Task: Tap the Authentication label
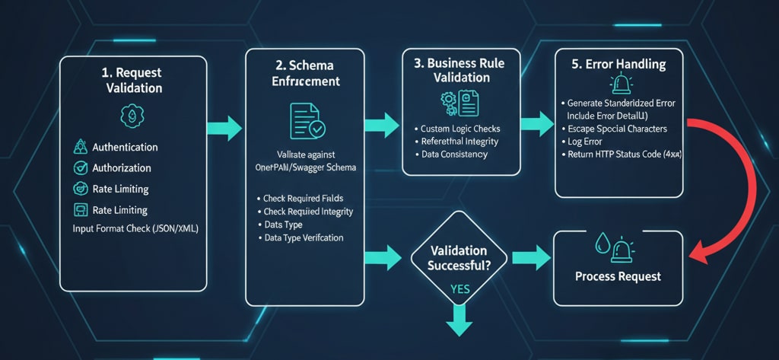tap(125, 147)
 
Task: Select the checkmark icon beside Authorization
tap(79, 167)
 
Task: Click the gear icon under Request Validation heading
tap(132, 116)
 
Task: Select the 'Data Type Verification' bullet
tap(303, 237)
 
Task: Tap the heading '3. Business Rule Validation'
tap(465, 72)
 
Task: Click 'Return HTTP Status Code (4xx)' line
tap(622, 154)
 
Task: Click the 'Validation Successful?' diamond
tap(458, 258)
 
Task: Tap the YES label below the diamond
tap(459, 289)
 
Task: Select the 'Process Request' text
tap(618, 276)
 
